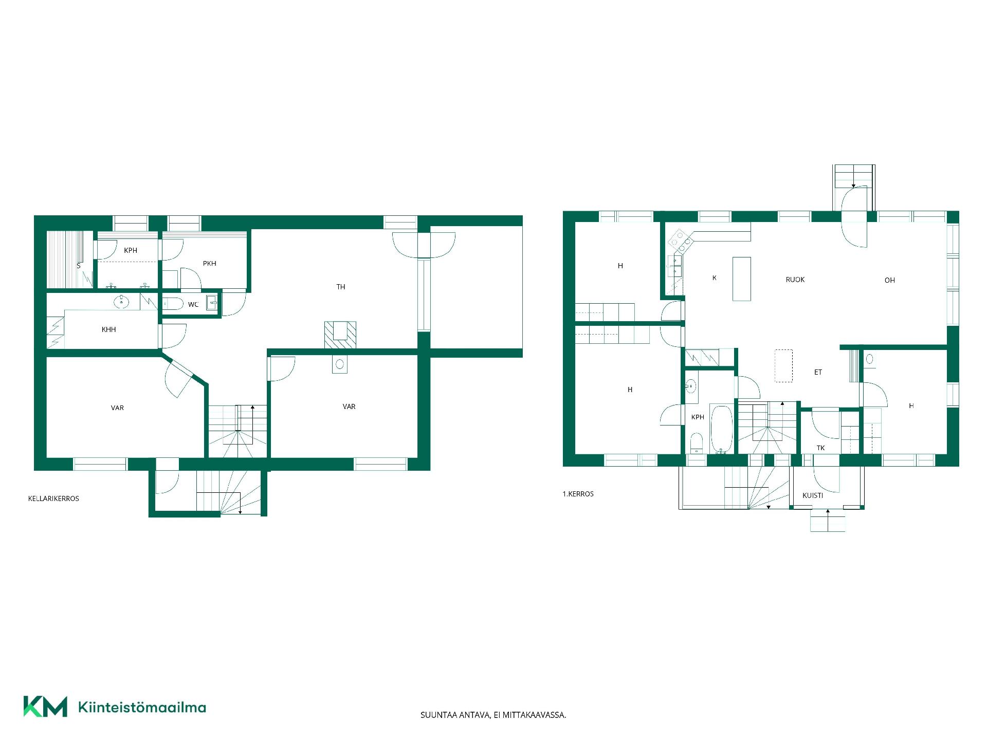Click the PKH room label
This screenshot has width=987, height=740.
(x=209, y=264)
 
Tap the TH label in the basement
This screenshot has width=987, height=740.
(x=341, y=287)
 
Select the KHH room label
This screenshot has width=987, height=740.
(x=108, y=329)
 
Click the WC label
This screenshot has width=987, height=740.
(x=193, y=305)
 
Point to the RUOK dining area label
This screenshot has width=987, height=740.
(x=795, y=280)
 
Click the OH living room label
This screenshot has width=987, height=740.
(x=890, y=280)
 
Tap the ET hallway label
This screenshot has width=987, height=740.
(x=818, y=372)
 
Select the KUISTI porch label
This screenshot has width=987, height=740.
(x=813, y=495)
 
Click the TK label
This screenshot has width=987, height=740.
(x=820, y=448)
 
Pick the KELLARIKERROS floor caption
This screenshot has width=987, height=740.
(x=53, y=498)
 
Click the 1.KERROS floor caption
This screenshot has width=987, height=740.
(x=578, y=494)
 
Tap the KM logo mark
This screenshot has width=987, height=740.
(x=45, y=707)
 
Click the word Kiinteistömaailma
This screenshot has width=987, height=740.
(x=142, y=707)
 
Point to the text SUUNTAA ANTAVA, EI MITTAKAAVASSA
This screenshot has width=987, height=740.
(x=493, y=715)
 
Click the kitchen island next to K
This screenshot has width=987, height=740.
(x=741, y=279)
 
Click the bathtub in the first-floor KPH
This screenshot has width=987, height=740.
(x=722, y=430)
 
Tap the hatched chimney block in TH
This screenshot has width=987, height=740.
(x=340, y=335)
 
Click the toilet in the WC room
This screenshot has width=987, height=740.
(x=172, y=304)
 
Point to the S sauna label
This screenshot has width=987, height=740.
(x=79, y=266)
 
